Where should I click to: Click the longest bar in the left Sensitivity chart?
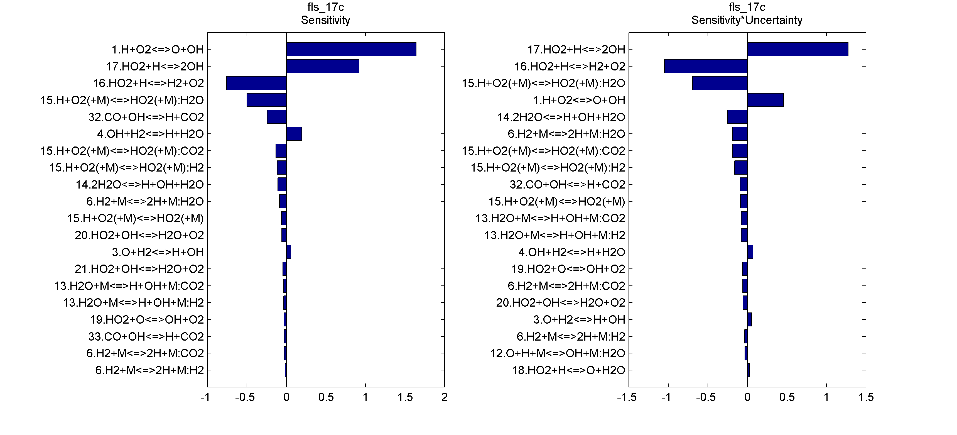351,50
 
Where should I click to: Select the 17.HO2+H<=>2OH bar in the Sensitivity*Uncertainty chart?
797,50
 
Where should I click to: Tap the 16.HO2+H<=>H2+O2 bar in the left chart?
256,83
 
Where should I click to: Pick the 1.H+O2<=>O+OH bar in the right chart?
765,100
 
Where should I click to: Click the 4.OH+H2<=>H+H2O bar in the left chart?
294,134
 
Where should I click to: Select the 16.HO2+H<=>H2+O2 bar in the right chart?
705,66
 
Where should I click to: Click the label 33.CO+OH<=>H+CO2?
146,336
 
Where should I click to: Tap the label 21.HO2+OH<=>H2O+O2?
139,269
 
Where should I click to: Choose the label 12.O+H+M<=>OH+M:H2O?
557,353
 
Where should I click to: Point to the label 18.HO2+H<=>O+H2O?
568,370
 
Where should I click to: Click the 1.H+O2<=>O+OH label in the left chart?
158,50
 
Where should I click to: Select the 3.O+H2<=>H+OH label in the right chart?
579,319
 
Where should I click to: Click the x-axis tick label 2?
444,397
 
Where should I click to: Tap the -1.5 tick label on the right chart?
627,397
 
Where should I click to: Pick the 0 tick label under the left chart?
286,397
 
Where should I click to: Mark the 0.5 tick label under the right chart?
787,397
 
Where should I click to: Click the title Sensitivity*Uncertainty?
747,20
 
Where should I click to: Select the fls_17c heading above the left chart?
325,7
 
